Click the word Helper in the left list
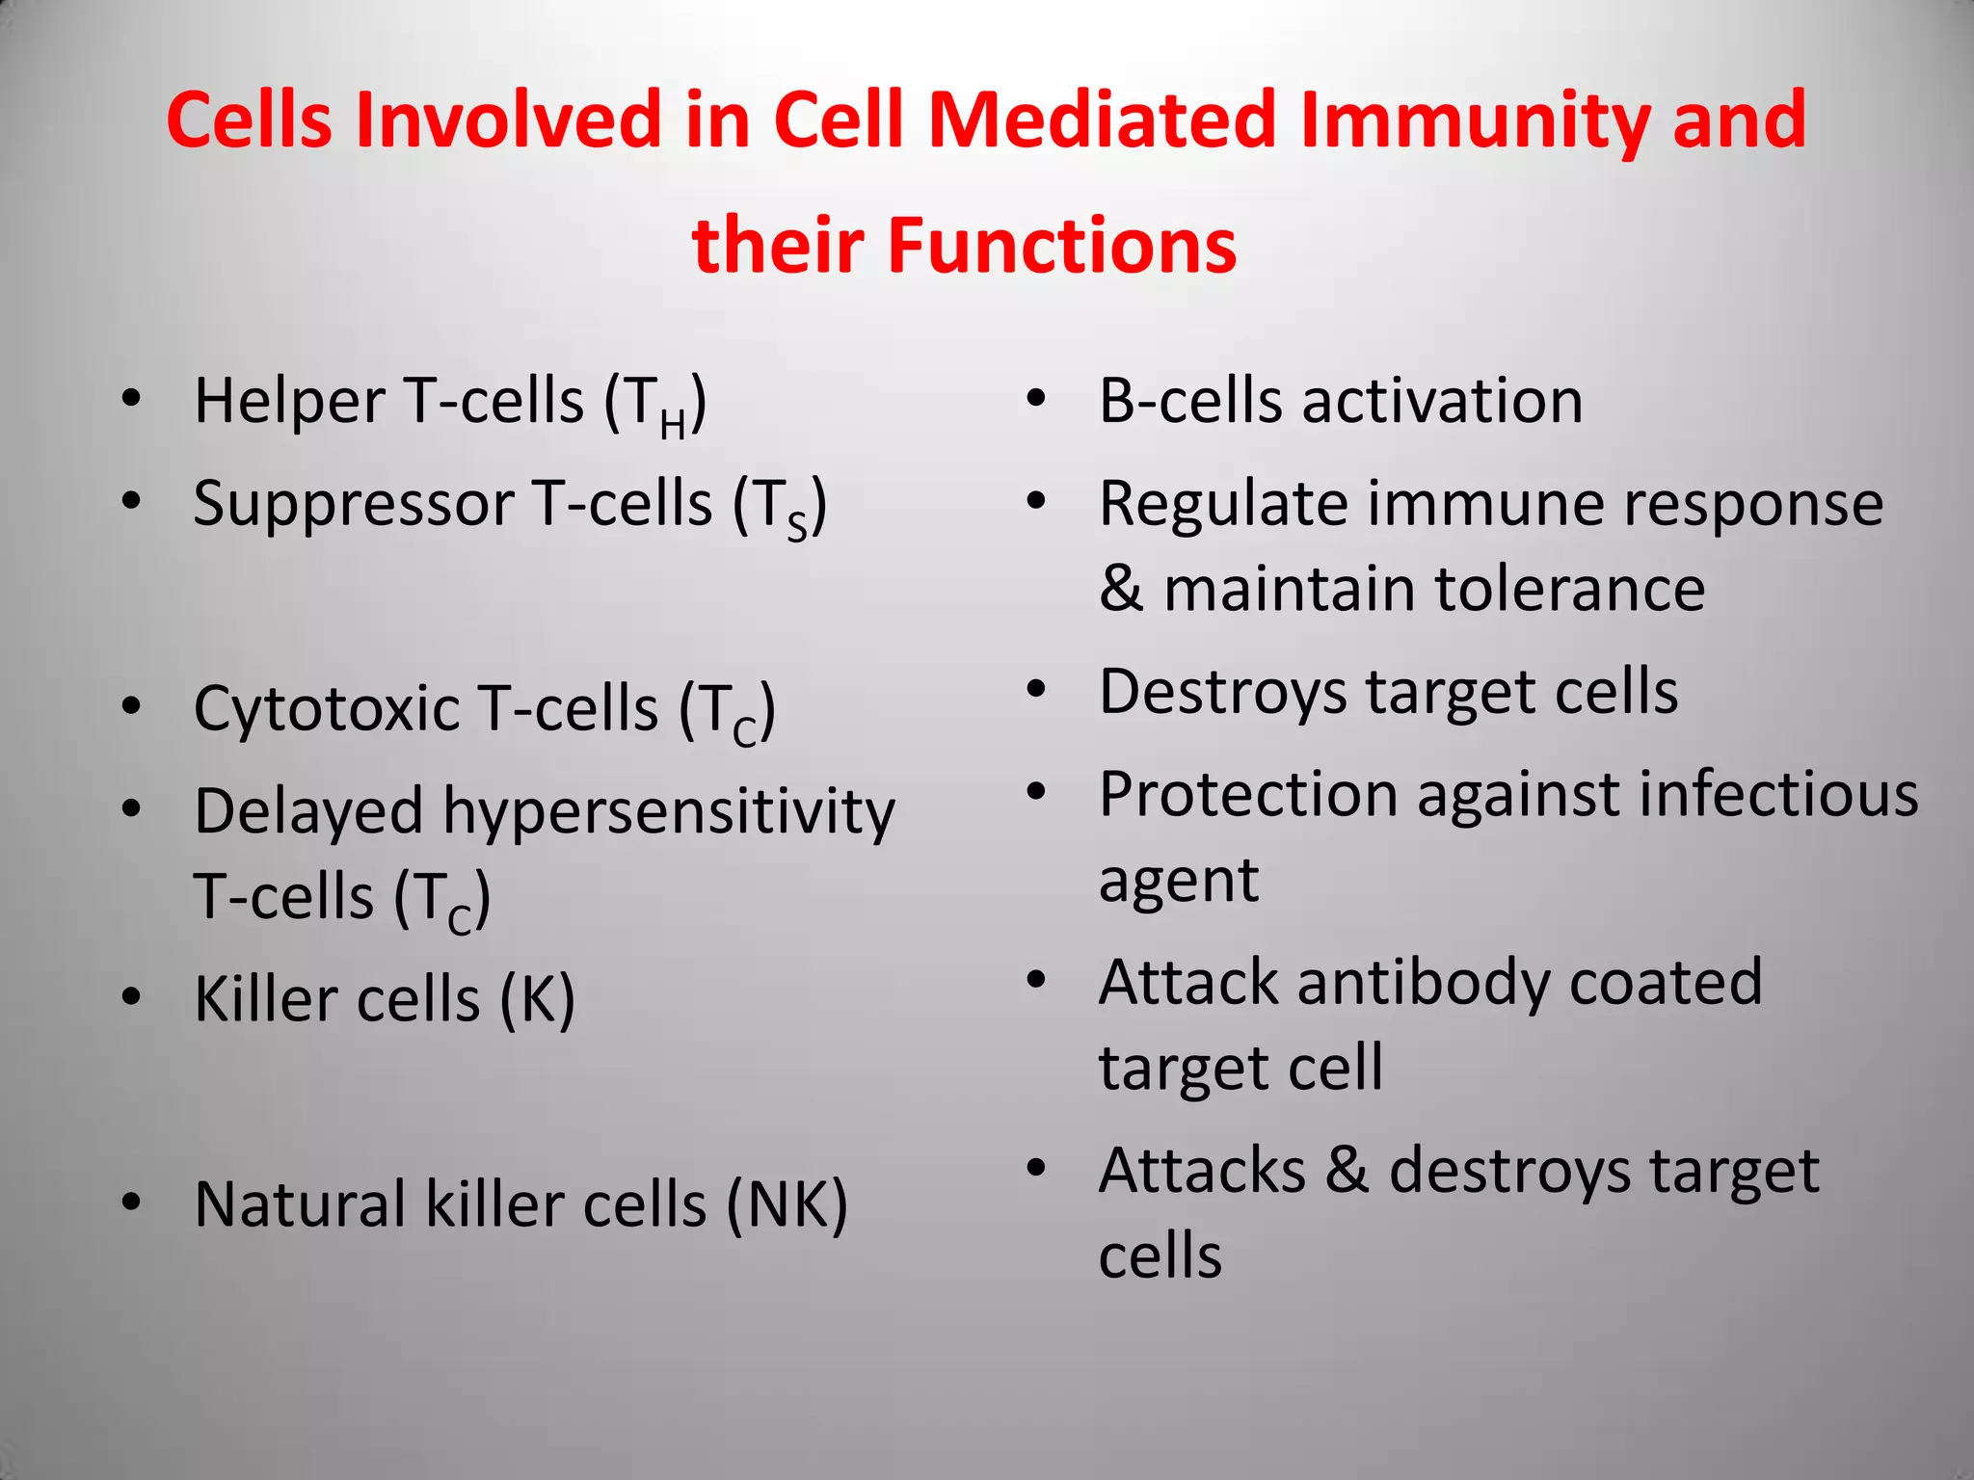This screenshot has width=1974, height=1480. (289, 401)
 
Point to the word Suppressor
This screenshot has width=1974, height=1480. (354, 505)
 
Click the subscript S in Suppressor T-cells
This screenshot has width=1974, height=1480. (796, 527)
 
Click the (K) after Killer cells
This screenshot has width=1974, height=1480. (537, 999)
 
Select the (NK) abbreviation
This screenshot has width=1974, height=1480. (787, 1204)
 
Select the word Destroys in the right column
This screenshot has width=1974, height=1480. (1222, 693)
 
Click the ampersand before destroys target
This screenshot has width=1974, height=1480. (1347, 1171)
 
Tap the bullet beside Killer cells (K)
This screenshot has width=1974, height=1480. (132, 996)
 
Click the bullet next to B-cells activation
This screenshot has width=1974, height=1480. (1036, 399)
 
